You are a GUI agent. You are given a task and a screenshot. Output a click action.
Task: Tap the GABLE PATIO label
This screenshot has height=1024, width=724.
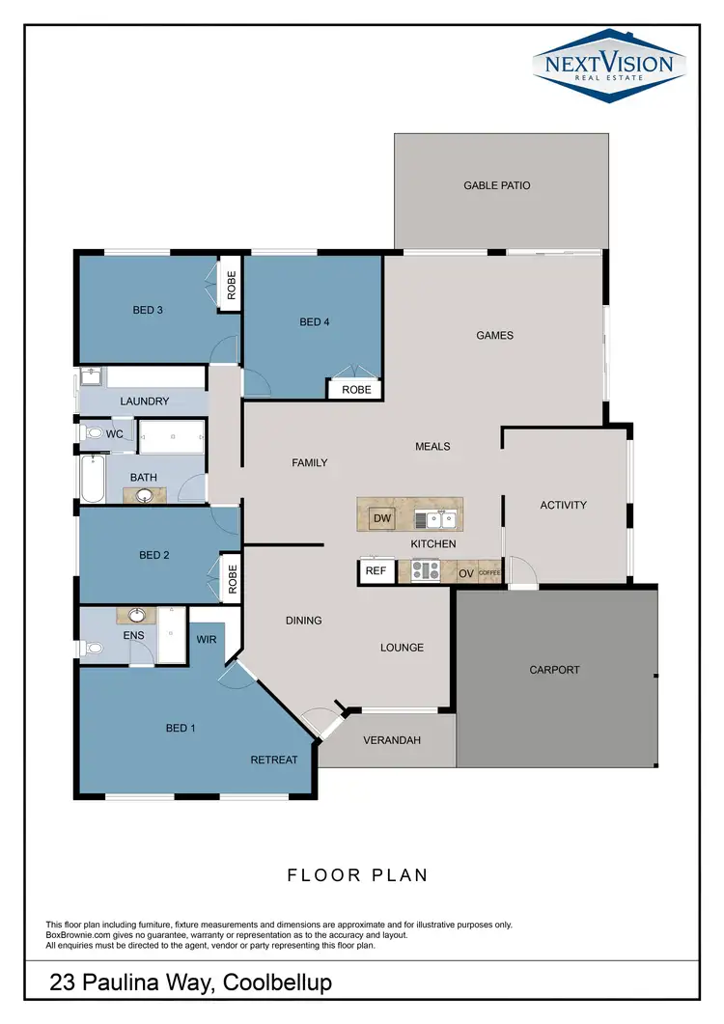pyautogui.click(x=496, y=185)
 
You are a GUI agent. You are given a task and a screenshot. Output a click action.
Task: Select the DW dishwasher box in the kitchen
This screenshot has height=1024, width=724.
pyautogui.click(x=381, y=519)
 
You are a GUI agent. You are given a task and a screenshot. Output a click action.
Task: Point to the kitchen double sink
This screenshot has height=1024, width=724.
pyautogui.click(x=441, y=520)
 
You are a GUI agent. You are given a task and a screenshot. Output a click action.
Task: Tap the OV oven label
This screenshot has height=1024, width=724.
pyautogui.click(x=466, y=573)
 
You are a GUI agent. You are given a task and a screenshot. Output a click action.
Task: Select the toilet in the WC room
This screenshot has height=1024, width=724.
pyautogui.click(x=94, y=434)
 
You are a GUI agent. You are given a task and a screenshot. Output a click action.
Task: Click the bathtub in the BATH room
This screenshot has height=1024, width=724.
pyautogui.click(x=92, y=480)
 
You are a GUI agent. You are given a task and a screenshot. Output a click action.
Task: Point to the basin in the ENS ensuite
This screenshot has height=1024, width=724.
pyautogui.click(x=137, y=614)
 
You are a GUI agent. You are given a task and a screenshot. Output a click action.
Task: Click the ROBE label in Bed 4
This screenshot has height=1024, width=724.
pyautogui.click(x=355, y=390)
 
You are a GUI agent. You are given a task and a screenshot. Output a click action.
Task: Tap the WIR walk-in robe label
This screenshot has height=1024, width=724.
pyautogui.click(x=207, y=639)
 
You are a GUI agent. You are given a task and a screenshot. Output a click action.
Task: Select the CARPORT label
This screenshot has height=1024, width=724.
pyautogui.click(x=554, y=669)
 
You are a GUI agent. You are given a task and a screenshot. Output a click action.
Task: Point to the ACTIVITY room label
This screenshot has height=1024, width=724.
pyautogui.click(x=563, y=505)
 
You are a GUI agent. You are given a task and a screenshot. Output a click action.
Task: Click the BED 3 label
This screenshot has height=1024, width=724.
pyautogui.click(x=148, y=310)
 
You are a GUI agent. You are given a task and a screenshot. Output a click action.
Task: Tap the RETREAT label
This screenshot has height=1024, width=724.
pyautogui.click(x=274, y=760)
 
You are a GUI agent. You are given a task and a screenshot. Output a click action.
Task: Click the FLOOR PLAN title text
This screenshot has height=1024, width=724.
pyautogui.click(x=357, y=875)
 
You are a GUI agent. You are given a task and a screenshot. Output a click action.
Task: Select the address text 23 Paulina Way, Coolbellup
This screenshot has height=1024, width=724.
pyautogui.click(x=190, y=982)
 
